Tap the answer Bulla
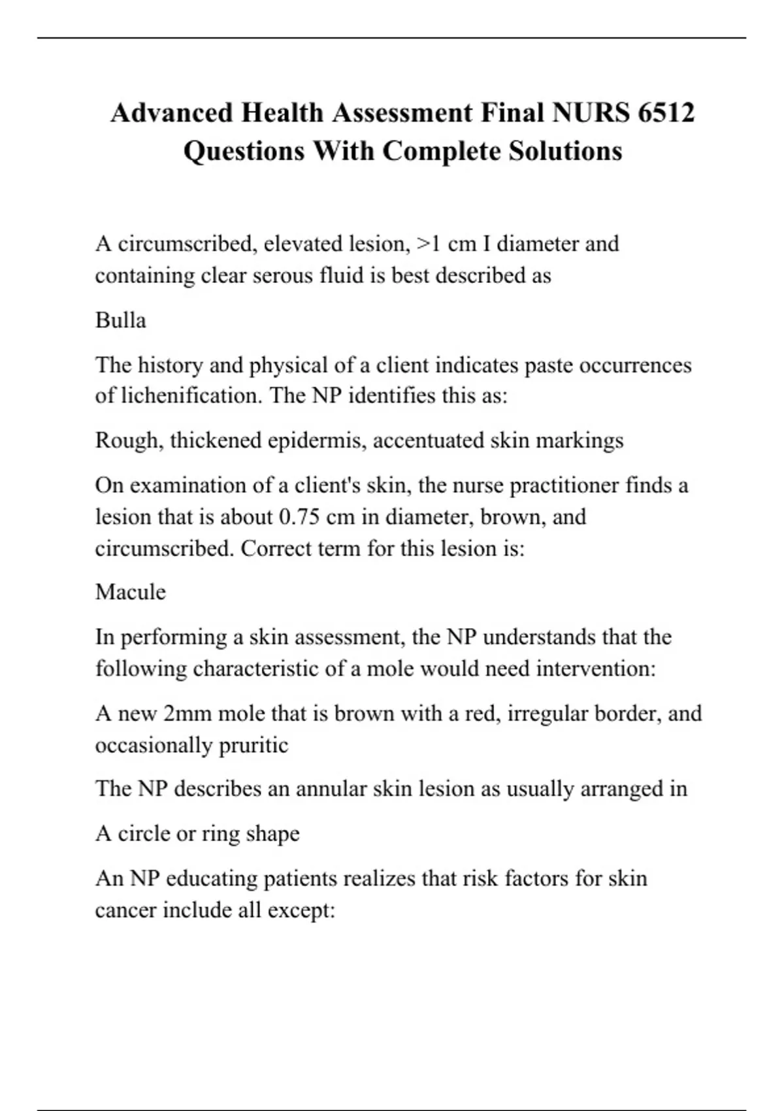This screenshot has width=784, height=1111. click(x=120, y=320)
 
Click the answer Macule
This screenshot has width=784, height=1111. click(x=130, y=592)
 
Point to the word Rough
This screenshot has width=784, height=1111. click(x=128, y=440)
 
